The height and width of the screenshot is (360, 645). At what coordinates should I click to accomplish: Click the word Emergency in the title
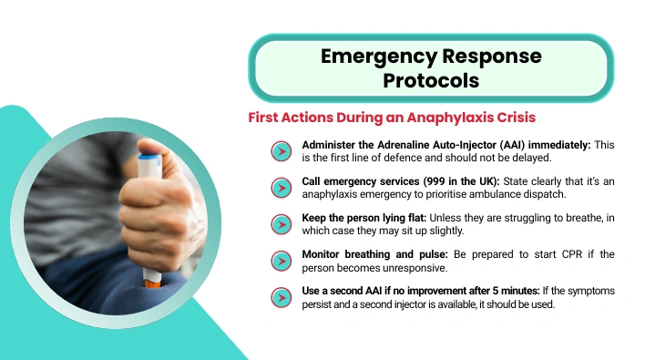tap(378, 57)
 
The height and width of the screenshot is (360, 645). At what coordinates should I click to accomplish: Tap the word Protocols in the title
tap(431, 80)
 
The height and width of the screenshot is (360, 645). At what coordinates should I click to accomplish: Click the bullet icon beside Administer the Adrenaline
tap(282, 151)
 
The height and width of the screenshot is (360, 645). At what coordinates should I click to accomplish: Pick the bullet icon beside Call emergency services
tap(282, 188)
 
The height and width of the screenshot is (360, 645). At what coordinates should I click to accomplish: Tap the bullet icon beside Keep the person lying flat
tap(282, 224)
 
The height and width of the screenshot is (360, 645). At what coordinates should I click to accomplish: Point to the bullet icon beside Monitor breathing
tap(282, 261)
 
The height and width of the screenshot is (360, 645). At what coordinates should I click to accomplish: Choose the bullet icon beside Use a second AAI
tap(282, 297)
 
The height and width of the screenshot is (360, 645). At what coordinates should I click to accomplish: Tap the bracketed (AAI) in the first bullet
tap(513, 145)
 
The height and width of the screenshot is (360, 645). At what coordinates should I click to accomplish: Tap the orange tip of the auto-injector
tap(151, 283)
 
